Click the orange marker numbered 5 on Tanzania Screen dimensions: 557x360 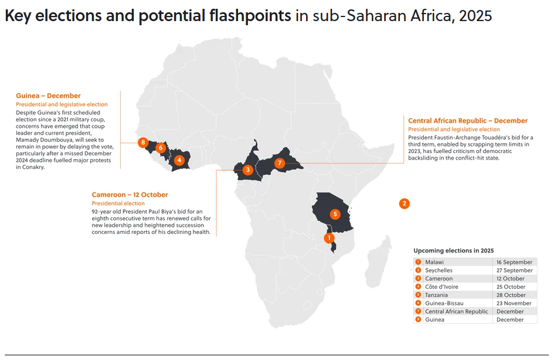tap(335, 214)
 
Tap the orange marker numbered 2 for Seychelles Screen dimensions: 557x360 tap(404, 203)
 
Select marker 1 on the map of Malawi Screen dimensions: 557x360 tap(330, 237)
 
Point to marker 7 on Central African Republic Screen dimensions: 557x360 tap(280, 163)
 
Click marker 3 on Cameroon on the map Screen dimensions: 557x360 tap(248, 170)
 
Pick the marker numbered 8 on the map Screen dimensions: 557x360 tap(143, 142)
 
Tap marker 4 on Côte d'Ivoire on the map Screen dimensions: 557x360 tap(179, 160)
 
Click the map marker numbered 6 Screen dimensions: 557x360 tap(161, 148)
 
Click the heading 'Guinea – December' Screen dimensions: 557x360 tap(48, 96)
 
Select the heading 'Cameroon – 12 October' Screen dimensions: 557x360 tap(130, 195)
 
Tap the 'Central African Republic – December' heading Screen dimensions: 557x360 tap(468, 121)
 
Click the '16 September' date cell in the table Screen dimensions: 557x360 tap(514, 262)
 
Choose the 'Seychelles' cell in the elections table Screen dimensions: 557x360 tap(439, 270)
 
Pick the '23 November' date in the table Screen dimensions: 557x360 tap(514, 303)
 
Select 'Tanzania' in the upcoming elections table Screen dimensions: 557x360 tap(436, 295)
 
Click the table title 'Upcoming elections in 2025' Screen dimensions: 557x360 tap(454, 250)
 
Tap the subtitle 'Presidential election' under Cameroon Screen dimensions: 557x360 tap(118, 203)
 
